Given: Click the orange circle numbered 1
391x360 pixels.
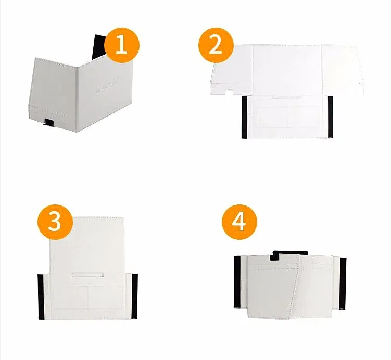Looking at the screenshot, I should click(x=122, y=45).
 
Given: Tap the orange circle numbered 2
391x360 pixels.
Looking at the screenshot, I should click(x=215, y=45).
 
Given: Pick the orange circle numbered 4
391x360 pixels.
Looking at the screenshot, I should click(x=239, y=222).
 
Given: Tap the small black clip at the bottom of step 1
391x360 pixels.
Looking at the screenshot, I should click(x=49, y=123).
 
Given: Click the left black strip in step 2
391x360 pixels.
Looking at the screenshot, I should click(x=243, y=117).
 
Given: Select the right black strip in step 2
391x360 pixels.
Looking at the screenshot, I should click(x=330, y=117).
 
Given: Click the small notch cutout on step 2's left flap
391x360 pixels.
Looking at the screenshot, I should click(x=228, y=92).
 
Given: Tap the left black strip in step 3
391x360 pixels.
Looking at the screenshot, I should click(x=41, y=297).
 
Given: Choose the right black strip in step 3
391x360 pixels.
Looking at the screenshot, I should click(x=135, y=297).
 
